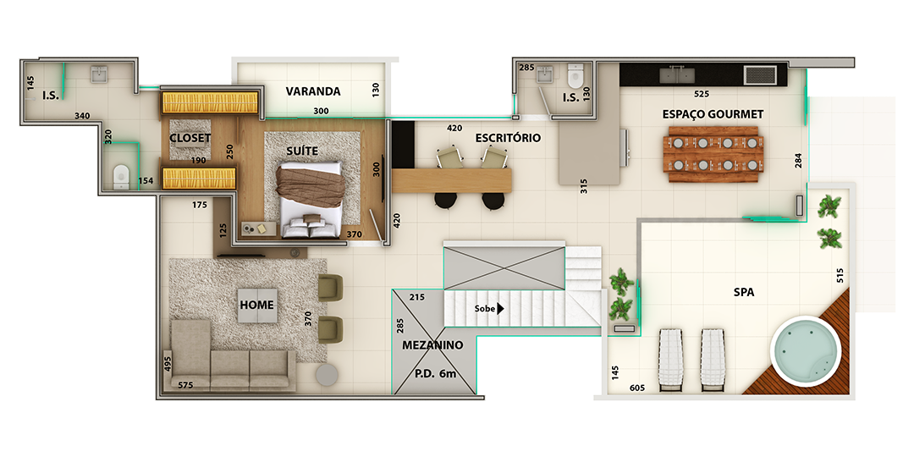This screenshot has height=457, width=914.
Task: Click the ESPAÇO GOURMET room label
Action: (x=713, y=114)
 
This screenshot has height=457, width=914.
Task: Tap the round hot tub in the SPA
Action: (x=806, y=351)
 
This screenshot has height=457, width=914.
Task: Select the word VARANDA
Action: (x=313, y=91)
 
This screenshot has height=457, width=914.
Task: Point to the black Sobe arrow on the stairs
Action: (x=499, y=309)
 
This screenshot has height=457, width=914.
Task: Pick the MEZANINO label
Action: (x=432, y=345)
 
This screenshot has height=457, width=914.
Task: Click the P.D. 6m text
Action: (x=435, y=374)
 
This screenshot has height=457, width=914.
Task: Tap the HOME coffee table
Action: (x=257, y=305)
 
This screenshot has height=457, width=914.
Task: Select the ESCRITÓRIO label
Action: (x=508, y=138)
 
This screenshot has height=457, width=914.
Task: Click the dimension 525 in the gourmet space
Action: (x=702, y=93)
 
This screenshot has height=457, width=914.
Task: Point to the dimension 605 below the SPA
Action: (x=638, y=388)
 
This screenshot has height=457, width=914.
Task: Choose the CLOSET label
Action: (x=190, y=138)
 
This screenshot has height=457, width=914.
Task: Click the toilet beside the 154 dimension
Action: (x=121, y=177)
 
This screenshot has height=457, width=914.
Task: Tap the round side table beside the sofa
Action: (x=327, y=375)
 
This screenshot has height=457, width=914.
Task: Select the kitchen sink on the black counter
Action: (x=676, y=74)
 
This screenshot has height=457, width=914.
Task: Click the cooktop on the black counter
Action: (x=760, y=75)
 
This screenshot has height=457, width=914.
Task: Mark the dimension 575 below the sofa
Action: (x=185, y=385)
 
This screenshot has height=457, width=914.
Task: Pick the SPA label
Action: (x=744, y=293)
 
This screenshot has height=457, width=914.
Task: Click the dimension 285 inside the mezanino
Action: (x=400, y=325)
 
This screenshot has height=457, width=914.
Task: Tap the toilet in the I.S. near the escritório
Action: (x=575, y=74)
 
